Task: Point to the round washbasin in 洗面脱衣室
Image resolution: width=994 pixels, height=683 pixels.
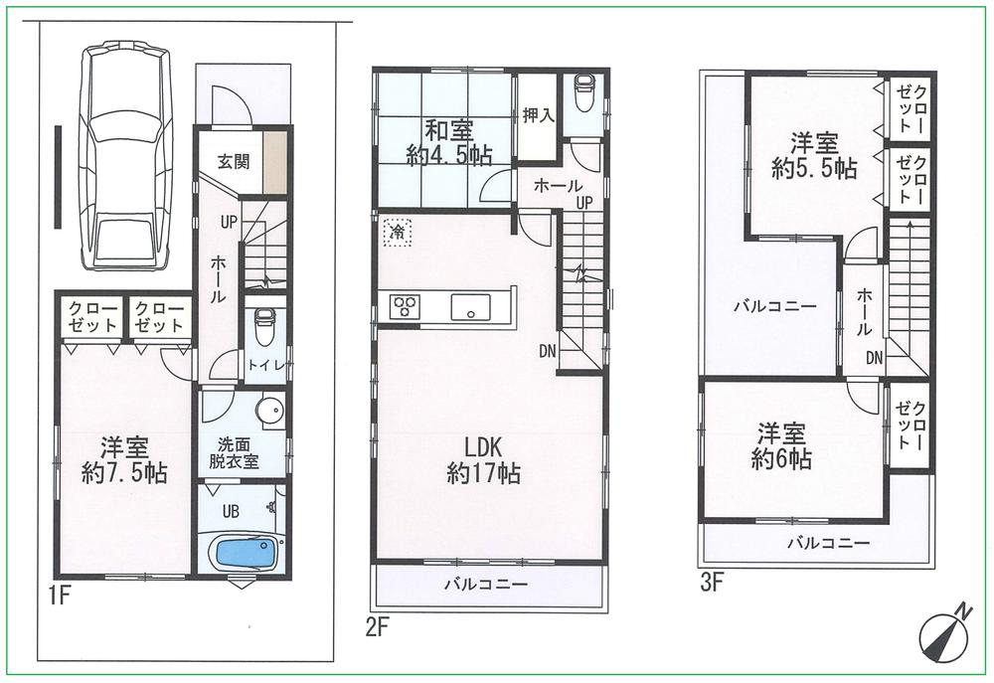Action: pos(267,411)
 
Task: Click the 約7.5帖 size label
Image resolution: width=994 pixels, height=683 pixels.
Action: pos(123,472)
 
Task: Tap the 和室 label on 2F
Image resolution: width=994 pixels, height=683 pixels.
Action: pos(449,129)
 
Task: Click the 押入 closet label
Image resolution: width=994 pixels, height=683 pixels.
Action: pos(538,115)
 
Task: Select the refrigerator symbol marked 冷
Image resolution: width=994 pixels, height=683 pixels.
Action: pos(397,231)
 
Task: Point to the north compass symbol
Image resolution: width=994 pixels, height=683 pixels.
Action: pos(943,631)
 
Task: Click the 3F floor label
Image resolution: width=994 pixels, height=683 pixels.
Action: pos(711,584)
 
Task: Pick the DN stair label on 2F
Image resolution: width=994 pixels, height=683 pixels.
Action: pos(548,350)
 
